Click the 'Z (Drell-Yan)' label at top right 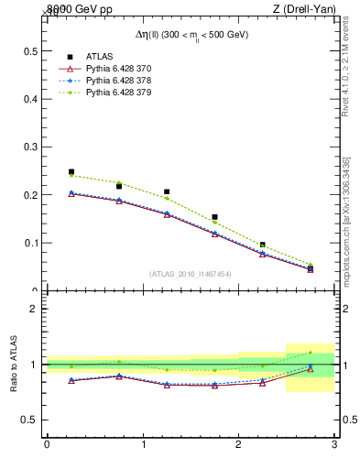[x=309, y=8]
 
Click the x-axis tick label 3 [x=334, y=445]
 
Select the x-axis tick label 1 [x=143, y=445]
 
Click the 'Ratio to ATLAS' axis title [x=14, y=364]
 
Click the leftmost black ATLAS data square [x=71, y=171]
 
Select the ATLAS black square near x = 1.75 [x=214, y=217]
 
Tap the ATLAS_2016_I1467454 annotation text [x=191, y=274]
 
